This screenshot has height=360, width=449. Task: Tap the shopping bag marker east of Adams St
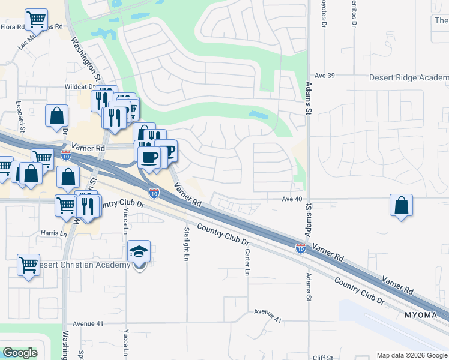tap(401, 205)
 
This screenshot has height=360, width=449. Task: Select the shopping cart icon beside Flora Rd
tap(37, 20)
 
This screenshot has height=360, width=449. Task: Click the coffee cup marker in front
tap(149, 158)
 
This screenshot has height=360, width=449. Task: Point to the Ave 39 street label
tap(323, 76)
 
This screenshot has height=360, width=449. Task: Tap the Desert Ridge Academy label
tap(408, 78)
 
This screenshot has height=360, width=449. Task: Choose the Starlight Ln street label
tap(187, 243)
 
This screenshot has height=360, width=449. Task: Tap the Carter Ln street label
tap(247, 263)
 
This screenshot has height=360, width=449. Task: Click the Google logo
tap(20, 352)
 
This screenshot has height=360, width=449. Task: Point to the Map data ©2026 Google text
tap(412, 355)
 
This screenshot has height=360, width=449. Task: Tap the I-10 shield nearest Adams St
tap(300, 247)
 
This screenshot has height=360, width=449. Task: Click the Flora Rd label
tap(13, 27)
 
